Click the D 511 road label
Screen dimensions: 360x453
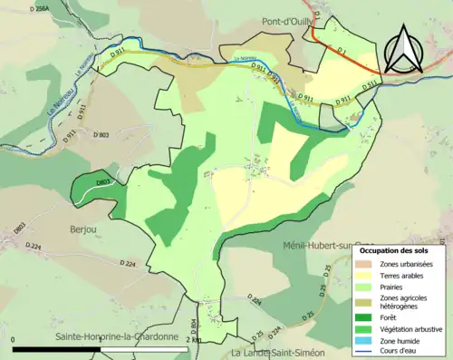[x=369, y=83]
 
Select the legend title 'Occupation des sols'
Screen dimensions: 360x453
[x=393, y=249]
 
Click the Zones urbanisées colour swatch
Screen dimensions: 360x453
[x=368, y=263]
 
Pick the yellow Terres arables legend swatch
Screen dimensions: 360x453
[x=368, y=275]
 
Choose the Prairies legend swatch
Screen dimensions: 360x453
[x=368, y=287]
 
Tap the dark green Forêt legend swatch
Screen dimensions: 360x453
[x=368, y=316]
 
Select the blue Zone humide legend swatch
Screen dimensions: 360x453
[x=368, y=340]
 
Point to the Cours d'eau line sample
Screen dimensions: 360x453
[x=368, y=352]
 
